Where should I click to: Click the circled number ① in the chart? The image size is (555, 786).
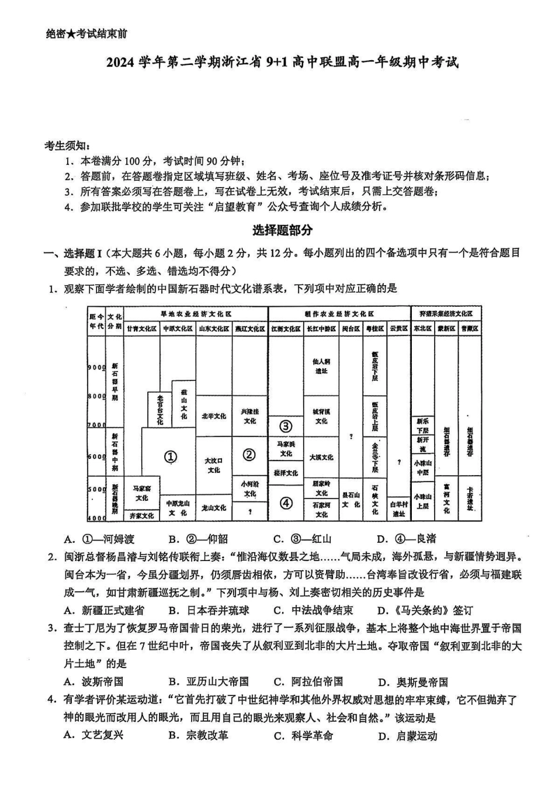[x=170, y=457]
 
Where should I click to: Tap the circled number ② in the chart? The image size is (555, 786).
[x=249, y=454]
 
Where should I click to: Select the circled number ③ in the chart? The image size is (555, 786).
[x=286, y=425]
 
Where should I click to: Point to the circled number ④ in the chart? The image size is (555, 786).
[x=286, y=503]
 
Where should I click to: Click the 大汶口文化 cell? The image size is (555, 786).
[x=214, y=465]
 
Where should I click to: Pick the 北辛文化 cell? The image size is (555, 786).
[x=214, y=416]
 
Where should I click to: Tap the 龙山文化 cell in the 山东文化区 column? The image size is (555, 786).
[x=214, y=508]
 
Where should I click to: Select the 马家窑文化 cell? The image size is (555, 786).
[x=142, y=493]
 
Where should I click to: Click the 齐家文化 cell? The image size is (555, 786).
[x=142, y=516]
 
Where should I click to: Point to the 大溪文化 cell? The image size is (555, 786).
[x=321, y=457]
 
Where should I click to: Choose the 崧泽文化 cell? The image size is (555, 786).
[x=286, y=473]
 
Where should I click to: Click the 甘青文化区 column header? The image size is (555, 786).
[x=142, y=329]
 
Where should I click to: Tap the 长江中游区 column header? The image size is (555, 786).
[x=321, y=329]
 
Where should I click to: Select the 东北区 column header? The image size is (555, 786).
[x=422, y=329]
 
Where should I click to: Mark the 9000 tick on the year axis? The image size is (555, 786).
[x=96, y=368]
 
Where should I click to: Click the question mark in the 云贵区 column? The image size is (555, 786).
[x=399, y=462]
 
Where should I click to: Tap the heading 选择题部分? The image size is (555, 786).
[x=282, y=230]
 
